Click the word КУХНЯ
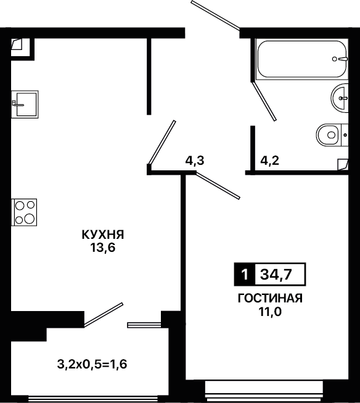pos(103,235)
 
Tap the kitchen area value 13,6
pos(102,248)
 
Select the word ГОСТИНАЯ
pos(270,299)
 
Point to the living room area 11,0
pos(270,312)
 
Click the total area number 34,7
pos(276,275)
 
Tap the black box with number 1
pos(245,274)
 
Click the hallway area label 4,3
pos(195,161)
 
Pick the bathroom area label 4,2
pos(269,161)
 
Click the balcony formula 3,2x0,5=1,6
pos(92,364)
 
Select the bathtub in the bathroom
pos(302,59)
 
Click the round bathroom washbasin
pos(339,98)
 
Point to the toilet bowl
pos(332,135)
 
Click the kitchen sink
pos(25,104)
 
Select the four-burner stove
pos(24,212)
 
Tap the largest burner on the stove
pos(30,218)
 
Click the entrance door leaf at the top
pos(215,15)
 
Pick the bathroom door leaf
pos(264,101)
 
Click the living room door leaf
pos(218,186)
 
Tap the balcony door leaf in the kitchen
pos(104,315)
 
